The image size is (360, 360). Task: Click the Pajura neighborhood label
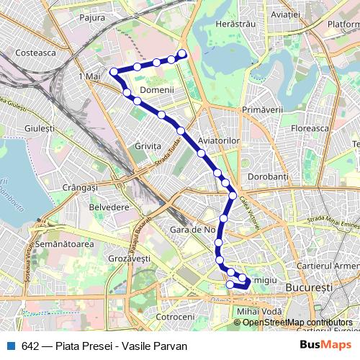92,17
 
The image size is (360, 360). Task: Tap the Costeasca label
35,53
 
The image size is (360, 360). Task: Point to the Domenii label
157,90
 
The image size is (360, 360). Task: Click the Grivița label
148,145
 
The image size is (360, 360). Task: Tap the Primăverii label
264,108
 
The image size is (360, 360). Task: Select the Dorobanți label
268,176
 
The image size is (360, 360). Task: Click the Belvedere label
109,207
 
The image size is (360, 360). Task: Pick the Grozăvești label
128,257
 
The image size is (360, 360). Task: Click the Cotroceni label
175,316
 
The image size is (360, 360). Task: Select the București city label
309,287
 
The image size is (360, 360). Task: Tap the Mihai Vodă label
256,310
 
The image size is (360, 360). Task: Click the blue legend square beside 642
11,346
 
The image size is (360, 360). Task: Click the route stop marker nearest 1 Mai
113,71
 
